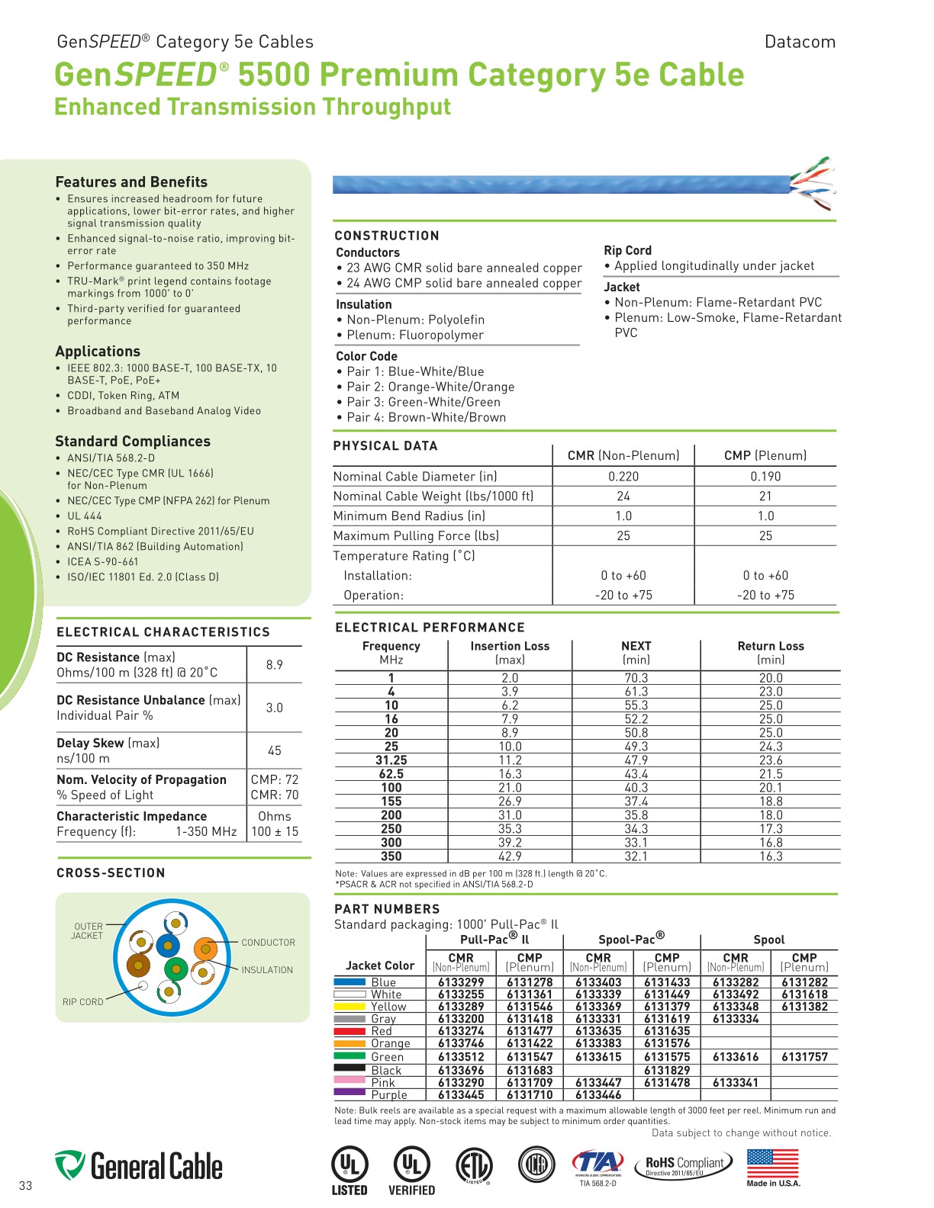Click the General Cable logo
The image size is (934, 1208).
[139, 1166]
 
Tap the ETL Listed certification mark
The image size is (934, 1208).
[473, 1167]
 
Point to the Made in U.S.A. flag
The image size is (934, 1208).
[773, 1164]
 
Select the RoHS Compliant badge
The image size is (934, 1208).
[684, 1165]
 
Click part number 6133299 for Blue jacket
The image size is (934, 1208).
[461, 982]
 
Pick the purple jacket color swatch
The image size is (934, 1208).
[349, 1093]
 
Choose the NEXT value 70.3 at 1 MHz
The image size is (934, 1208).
[636, 678]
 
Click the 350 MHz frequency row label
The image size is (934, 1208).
[391, 856]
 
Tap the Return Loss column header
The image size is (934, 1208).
[771, 646]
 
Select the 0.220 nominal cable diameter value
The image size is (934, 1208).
[623, 477]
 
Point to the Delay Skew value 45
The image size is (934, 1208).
[275, 750]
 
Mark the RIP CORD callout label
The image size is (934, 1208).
[82, 1002]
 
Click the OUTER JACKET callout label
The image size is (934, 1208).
[88, 931]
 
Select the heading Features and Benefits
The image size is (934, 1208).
[131, 182]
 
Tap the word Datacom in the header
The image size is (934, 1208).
[800, 42]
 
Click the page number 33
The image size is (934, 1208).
[26, 1186]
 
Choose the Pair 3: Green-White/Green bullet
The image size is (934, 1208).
[424, 402]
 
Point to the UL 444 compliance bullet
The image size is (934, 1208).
[84, 516]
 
